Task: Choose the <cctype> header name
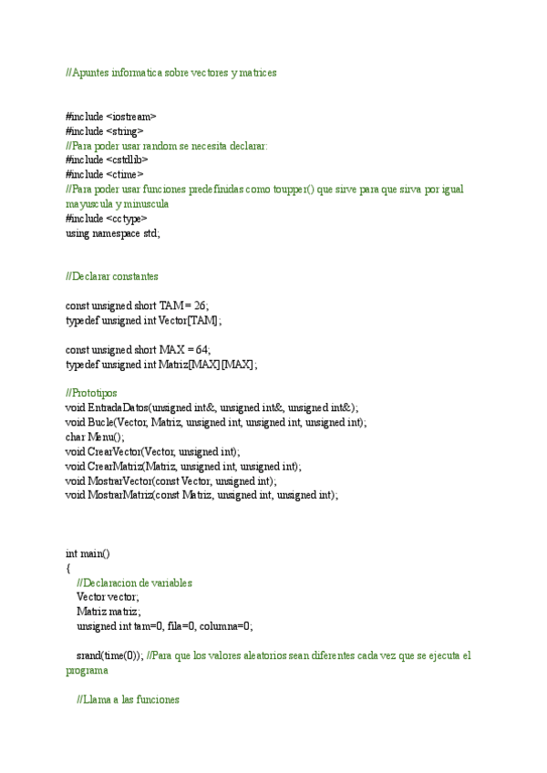(x=127, y=218)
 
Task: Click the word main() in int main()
(x=94, y=553)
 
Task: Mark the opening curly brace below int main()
(x=68, y=568)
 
